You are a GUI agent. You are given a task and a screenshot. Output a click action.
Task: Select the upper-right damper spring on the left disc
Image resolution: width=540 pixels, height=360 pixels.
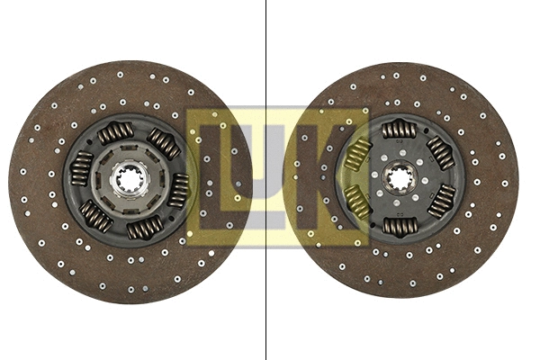(x=164, y=142)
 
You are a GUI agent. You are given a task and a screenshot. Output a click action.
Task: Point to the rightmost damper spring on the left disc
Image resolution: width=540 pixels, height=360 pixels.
(x=179, y=189)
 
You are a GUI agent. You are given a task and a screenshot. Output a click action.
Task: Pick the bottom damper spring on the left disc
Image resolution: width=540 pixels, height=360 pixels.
(x=144, y=228)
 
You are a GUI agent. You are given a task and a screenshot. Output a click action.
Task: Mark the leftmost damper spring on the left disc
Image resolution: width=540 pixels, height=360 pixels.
(x=81, y=168)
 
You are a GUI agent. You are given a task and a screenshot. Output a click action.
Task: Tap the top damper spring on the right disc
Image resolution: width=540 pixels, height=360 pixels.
(x=399, y=130)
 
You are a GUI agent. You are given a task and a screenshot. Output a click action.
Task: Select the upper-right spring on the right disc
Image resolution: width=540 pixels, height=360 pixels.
(x=441, y=153)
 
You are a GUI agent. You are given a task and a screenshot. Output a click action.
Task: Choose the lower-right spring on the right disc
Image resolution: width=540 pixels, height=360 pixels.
(x=442, y=202)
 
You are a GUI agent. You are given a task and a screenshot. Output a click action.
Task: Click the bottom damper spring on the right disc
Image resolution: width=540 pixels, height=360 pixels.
(x=400, y=227)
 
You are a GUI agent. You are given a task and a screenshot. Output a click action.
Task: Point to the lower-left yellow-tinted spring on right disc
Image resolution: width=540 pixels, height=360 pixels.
(x=358, y=202)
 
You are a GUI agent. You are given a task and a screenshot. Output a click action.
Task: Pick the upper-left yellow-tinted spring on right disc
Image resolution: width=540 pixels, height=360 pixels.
(x=357, y=154)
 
